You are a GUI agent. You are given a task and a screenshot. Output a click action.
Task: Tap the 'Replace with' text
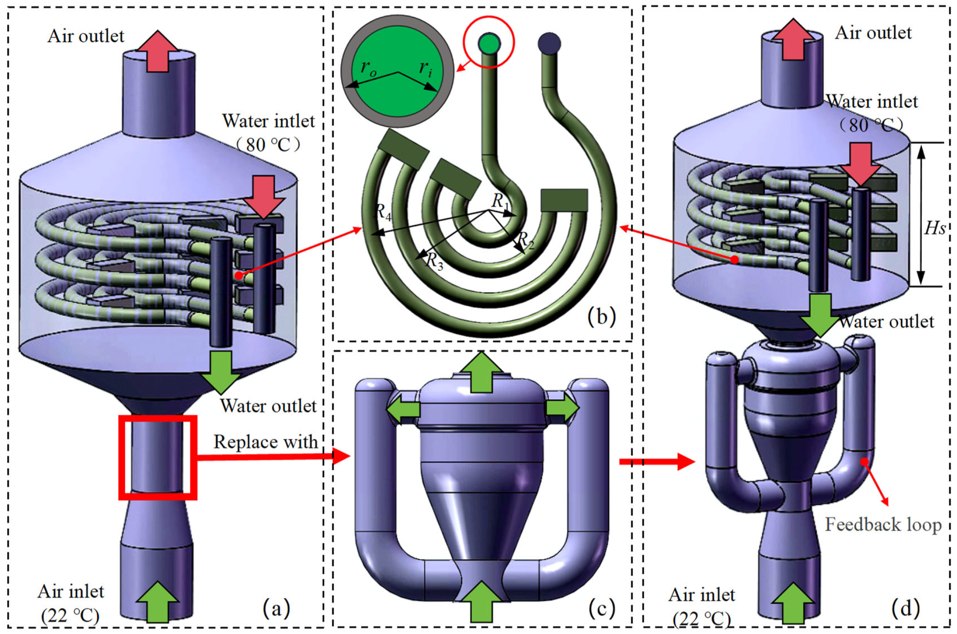pyautogui.click(x=266, y=442)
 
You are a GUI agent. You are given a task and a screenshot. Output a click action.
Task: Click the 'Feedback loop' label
pyautogui.click(x=883, y=525)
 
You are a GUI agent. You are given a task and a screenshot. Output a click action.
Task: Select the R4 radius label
pyautogui.click(x=383, y=211)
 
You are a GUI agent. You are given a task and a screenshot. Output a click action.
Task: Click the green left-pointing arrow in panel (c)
pyautogui.click(x=403, y=409)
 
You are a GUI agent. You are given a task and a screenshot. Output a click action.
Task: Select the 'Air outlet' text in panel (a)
pyautogui.click(x=86, y=36)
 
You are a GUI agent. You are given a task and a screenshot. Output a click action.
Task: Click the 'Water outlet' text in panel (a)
pyautogui.click(x=268, y=406)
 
